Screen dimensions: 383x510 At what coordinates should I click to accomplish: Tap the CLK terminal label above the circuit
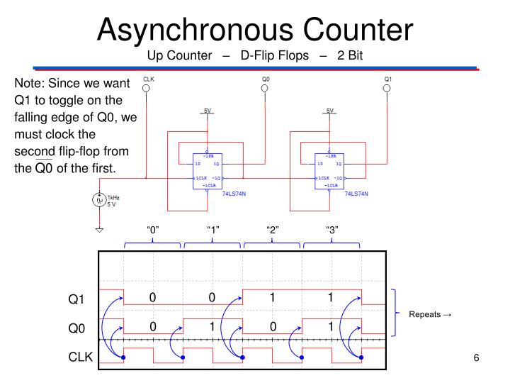(149, 79)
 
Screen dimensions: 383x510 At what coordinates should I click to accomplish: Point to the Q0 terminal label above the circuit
(266, 79)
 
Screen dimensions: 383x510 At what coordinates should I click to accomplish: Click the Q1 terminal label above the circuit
(388, 79)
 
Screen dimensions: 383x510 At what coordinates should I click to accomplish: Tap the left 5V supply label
(207, 111)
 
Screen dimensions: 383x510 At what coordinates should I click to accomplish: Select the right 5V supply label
(329, 111)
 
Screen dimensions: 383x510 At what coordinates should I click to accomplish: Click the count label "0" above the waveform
(152, 230)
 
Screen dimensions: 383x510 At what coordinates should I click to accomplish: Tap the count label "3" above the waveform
(331, 230)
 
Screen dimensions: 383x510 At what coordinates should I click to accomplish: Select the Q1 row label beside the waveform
(76, 299)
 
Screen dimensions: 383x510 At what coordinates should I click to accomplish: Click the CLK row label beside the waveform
(80, 357)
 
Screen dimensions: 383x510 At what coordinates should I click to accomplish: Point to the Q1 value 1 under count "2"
(271, 298)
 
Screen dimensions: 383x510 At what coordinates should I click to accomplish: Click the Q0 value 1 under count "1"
(212, 327)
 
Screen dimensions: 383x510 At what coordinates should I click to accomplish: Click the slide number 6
(477, 357)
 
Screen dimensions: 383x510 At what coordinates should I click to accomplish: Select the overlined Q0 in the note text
(45, 168)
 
